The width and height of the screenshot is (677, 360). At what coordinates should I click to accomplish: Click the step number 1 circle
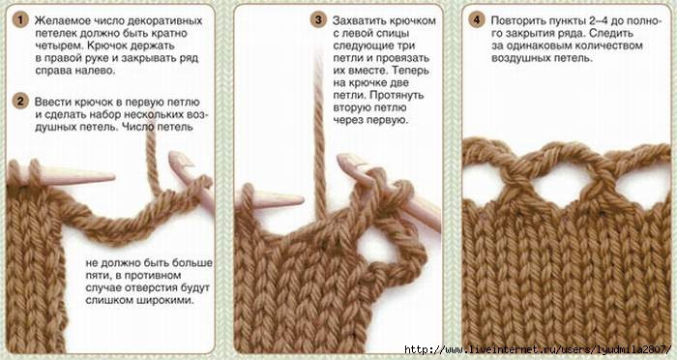(x=20, y=20)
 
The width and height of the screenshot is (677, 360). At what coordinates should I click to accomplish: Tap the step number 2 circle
(x=20, y=102)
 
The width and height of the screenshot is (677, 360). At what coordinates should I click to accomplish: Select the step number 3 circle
(x=318, y=20)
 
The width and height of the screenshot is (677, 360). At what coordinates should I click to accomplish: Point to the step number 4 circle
(x=476, y=20)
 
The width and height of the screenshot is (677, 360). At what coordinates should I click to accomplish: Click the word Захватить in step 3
(x=356, y=20)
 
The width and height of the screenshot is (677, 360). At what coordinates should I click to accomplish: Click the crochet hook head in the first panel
(x=179, y=159)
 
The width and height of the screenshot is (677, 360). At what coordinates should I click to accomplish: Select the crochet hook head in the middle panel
(x=348, y=161)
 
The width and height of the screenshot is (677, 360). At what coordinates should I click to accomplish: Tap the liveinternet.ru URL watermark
(x=538, y=349)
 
